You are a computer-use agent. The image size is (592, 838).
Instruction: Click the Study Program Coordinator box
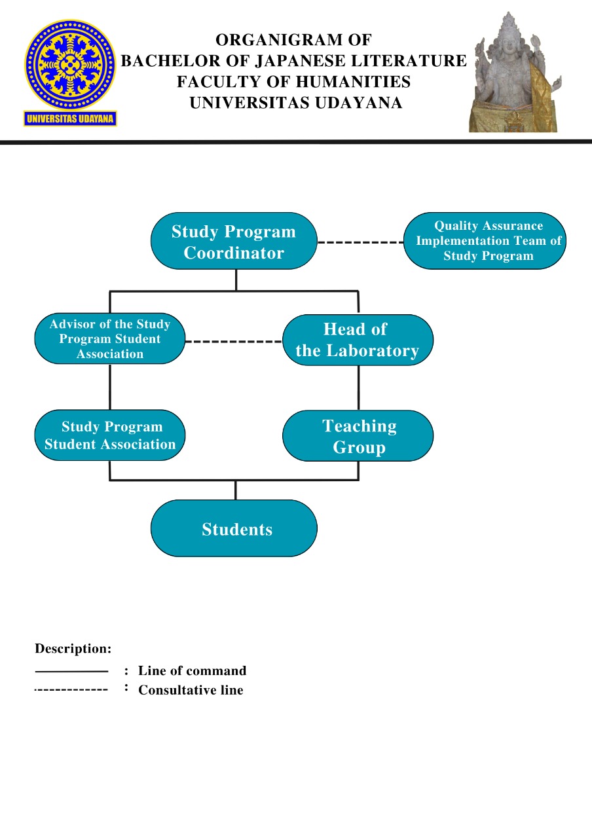(x=234, y=241)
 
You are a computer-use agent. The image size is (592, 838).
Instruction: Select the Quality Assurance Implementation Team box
(x=485, y=241)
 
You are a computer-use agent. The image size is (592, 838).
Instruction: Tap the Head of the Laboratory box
(x=358, y=340)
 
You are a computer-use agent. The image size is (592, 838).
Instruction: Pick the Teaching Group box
(x=358, y=435)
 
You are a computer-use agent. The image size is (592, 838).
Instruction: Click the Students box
(x=234, y=528)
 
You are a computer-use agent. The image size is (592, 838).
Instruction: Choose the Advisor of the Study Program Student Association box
(x=109, y=338)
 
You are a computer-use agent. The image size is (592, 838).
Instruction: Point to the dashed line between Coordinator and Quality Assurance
(x=360, y=242)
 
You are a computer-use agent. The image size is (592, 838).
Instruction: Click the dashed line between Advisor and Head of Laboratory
(x=234, y=341)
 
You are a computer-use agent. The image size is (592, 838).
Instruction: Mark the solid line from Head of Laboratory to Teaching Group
(x=358, y=388)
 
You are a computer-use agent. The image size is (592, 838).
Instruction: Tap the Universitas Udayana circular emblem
(x=70, y=65)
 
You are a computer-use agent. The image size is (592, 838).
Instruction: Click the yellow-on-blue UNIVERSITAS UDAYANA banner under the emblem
(x=70, y=118)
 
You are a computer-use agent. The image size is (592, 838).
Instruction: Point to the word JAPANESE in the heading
(x=301, y=61)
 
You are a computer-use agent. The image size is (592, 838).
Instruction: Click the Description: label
(x=73, y=648)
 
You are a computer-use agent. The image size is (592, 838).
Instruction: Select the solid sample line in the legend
(x=71, y=672)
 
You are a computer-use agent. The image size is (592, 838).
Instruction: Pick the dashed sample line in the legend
(x=71, y=689)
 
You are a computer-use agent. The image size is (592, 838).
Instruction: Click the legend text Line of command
(x=193, y=670)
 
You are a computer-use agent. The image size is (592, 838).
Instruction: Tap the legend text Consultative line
(x=191, y=690)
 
